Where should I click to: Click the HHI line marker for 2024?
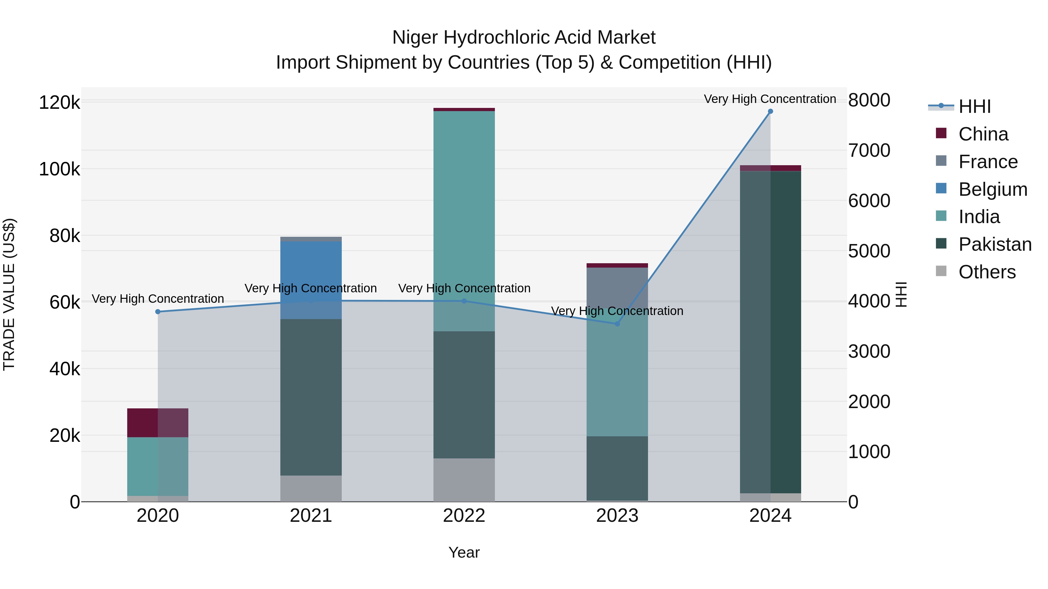(770, 111)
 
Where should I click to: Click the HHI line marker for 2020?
(158, 312)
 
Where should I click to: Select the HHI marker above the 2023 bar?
(617, 324)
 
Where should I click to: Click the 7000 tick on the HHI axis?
(869, 150)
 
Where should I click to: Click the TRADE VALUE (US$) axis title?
(9, 294)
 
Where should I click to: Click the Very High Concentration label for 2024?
(770, 99)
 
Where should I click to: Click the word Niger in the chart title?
(415, 38)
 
